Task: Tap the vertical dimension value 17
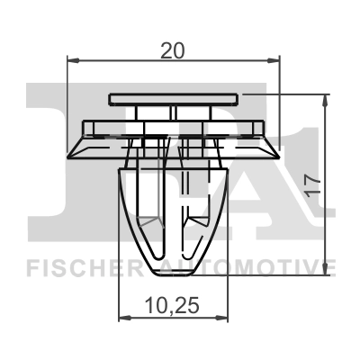[x=312, y=186]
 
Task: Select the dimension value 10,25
[x=171, y=306]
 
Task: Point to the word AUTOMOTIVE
[x=248, y=267]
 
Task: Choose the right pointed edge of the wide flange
[x=274, y=149]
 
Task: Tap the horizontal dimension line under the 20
[x=126, y=62]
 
